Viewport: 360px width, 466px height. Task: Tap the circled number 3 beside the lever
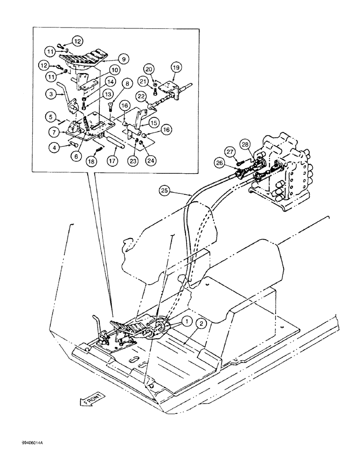[x=53, y=95]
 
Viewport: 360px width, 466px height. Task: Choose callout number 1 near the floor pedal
[x=186, y=321]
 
